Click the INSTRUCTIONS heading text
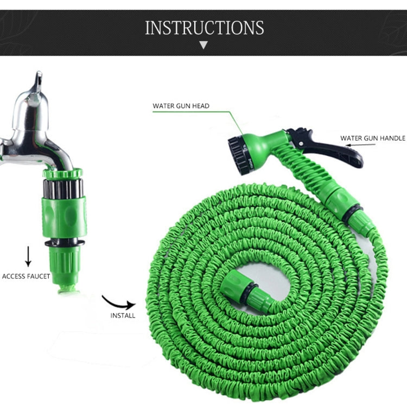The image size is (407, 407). point(204,28)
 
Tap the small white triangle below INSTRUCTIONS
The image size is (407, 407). point(203,45)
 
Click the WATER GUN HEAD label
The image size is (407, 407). point(181,106)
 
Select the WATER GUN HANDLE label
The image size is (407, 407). point(373,138)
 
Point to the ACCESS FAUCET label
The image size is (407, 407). point(26,276)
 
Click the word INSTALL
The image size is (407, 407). point(123,315)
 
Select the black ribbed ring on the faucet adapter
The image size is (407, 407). point(62,188)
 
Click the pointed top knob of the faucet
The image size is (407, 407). point(37,81)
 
